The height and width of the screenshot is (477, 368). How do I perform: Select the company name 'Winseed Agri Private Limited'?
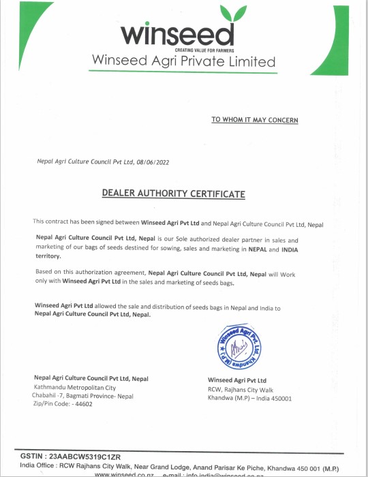pos(184,62)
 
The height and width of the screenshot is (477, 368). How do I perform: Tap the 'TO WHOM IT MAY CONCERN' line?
pos(254,120)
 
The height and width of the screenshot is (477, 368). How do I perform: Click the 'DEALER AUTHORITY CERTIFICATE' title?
pos(173,194)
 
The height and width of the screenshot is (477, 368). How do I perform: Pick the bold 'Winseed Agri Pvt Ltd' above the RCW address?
pos(236,380)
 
